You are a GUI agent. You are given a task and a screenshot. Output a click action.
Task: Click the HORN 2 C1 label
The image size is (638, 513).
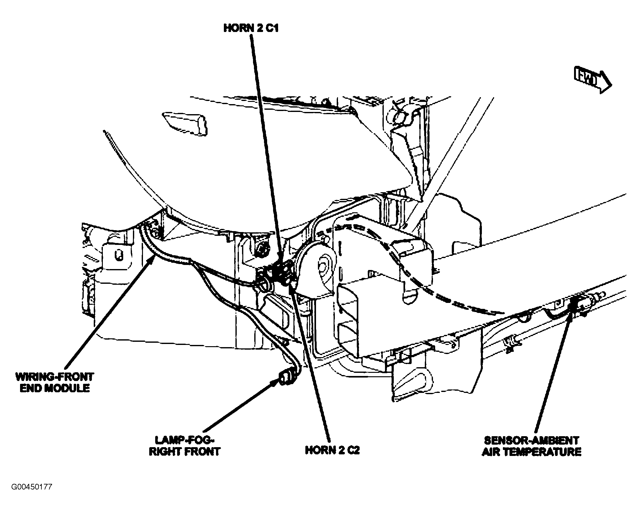[x=251, y=28]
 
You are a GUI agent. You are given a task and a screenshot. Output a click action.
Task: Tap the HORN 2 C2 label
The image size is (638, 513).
[x=332, y=450]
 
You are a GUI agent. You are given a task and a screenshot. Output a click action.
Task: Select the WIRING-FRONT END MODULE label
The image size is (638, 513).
[x=55, y=382]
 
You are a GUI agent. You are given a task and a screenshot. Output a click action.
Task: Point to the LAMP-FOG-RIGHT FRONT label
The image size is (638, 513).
[x=185, y=446]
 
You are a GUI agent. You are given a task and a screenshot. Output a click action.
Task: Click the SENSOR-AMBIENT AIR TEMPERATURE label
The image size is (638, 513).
[x=531, y=446]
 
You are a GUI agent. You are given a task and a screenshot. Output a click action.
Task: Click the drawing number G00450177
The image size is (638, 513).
[x=32, y=496]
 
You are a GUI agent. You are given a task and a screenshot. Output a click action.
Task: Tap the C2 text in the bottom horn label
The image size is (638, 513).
[x=351, y=450]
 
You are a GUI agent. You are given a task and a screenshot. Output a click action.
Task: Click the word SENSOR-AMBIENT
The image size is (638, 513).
[x=531, y=440]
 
